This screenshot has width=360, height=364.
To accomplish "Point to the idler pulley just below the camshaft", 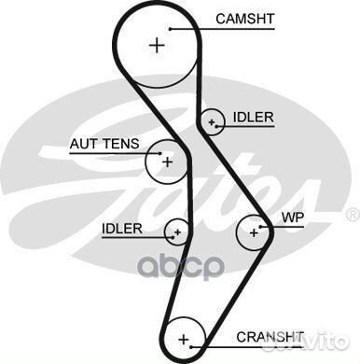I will (x=213, y=121).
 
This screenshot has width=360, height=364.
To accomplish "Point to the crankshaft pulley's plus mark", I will (x=184, y=338).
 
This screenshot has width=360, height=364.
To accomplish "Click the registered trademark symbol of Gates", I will (x=351, y=213).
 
